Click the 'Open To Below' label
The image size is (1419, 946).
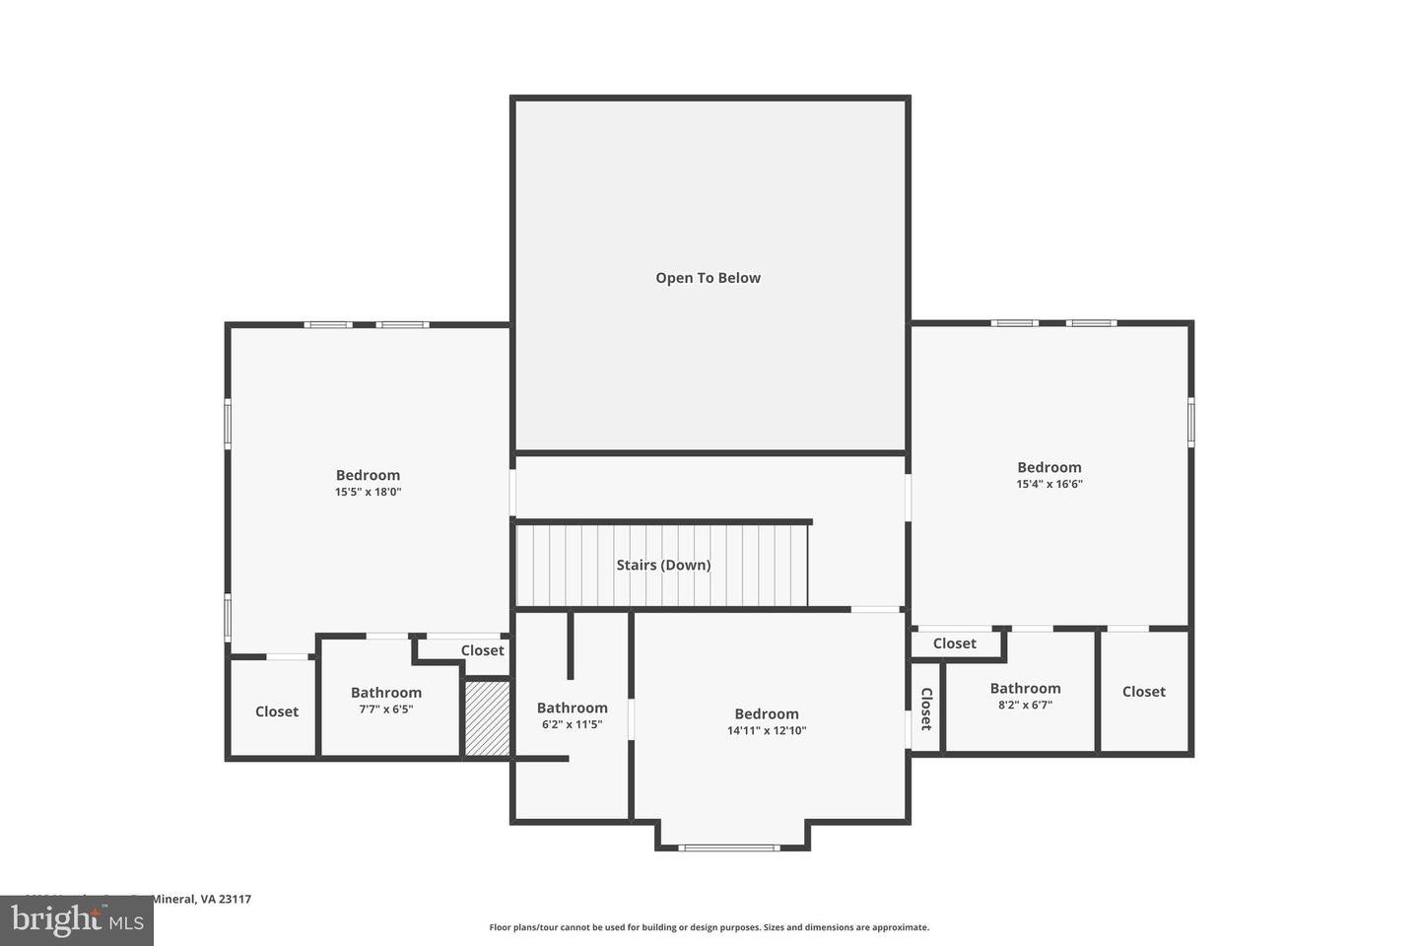click(708, 278)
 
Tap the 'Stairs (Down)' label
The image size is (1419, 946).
click(663, 565)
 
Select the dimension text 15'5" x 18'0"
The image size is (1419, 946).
click(368, 492)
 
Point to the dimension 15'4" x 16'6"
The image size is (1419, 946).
click(1049, 484)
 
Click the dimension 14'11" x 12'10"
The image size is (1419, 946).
click(766, 731)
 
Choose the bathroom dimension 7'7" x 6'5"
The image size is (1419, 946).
click(385, 709)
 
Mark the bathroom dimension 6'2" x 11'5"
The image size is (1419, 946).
click(572, 724)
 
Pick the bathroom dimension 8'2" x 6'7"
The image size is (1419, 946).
click(1025, 705)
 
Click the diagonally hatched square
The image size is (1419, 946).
click(487, 718)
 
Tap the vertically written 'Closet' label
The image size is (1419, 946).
click(925, 709)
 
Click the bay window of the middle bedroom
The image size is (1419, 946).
click(729, 846)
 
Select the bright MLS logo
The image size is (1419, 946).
click(76, 921)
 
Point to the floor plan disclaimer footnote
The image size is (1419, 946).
click(709, 927)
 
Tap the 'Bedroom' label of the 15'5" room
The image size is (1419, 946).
click(368, 475)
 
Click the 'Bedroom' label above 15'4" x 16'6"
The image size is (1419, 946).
click(1049, 467)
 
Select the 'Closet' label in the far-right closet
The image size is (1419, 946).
click(1143, 692)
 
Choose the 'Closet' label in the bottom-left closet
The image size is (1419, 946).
click(276, 711)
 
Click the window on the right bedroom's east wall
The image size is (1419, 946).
click(1190, 422)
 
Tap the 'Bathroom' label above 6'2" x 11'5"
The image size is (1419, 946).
click(572, 708)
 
